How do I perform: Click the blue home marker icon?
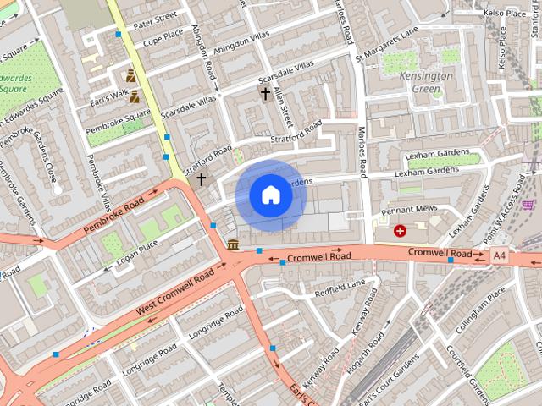270,195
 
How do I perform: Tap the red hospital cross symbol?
400,230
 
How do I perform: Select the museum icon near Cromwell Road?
232,244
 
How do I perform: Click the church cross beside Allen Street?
265,93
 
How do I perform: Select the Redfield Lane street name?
340,288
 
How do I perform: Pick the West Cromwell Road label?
175,297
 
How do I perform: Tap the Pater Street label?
154,17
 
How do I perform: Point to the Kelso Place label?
505,13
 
